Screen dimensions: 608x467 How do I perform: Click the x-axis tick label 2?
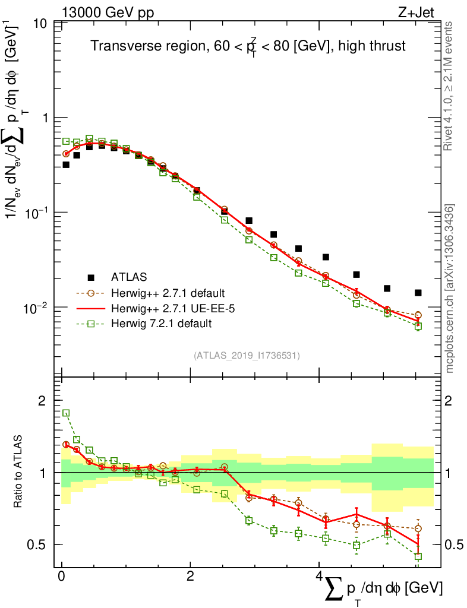pyautogui.click(x=190, y=577)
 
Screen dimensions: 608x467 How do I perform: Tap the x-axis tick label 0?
pyautogui.click(x=61, y=577)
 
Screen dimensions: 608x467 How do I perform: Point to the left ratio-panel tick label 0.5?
pyautogui.click(x=39, y=544)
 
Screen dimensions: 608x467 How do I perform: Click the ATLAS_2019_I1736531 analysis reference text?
pyautogui.click(x=247, y=356)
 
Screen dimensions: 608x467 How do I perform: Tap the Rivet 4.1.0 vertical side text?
pyautogui.click(x=450, y=86)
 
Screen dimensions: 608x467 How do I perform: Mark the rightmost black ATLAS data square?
pyautogui.click(x=418, y=293)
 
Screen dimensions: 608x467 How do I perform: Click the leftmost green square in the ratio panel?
pyautogui.click(x=67, y=413)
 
